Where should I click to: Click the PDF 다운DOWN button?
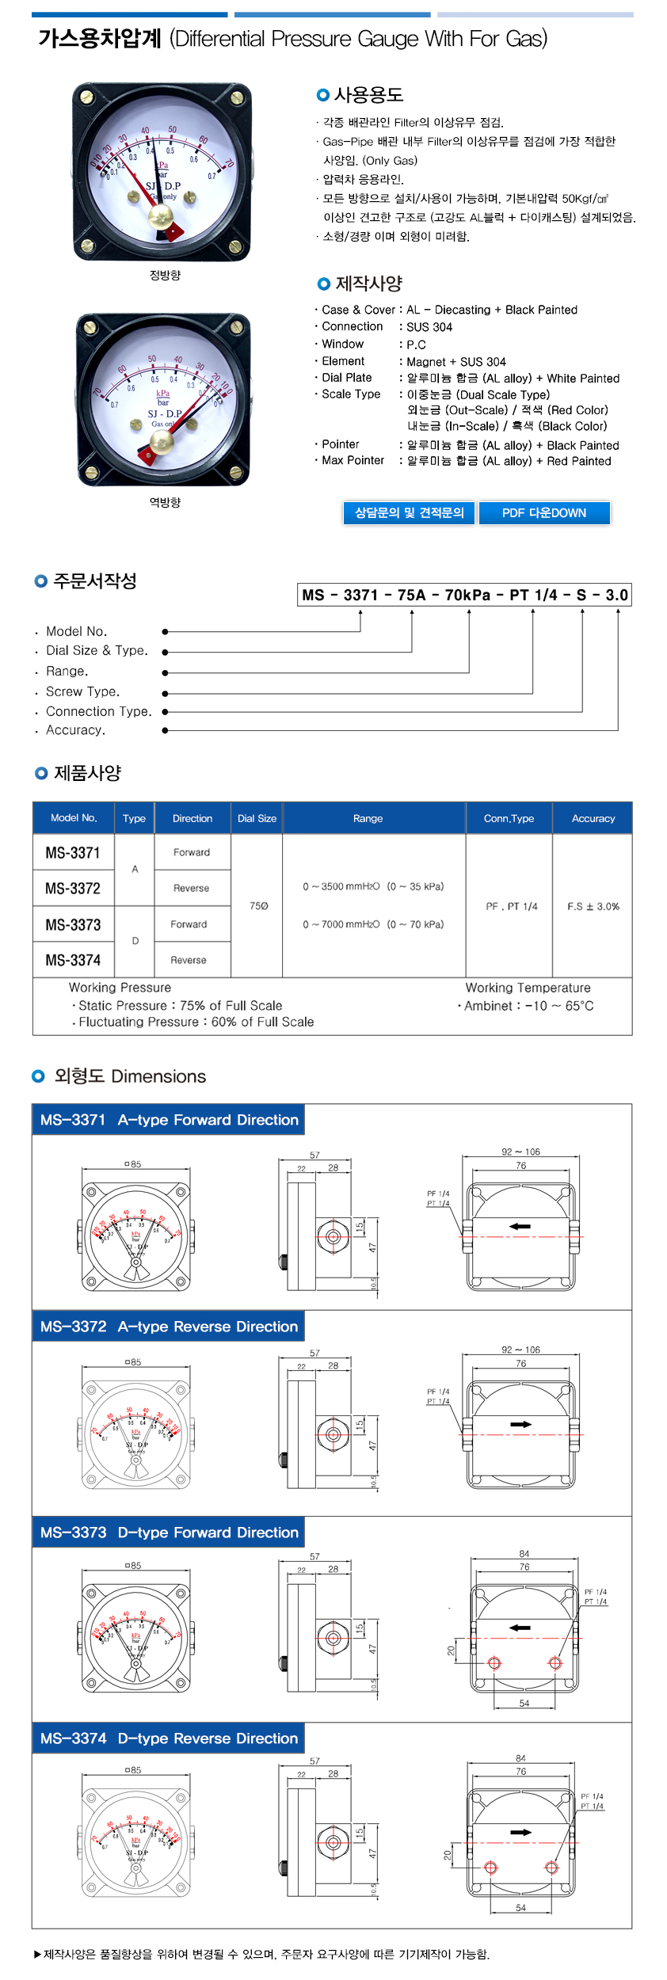click(x=544, y=513)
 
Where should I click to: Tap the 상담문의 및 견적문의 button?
click(x=409, y=513)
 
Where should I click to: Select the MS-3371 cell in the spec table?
click(x=73, y=853)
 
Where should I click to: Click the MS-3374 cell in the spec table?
click(x=73, y=960)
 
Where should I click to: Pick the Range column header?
click(x=368, y=818)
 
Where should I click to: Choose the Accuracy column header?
click(x=593, y=818)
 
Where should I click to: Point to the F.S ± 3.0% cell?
click(x=593, y=906)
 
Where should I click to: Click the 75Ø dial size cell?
click(x=259, y=905)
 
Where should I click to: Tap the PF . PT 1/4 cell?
click(x=512, y=906)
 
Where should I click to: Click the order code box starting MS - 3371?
click(x=465, y=595)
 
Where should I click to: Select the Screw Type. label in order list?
click(x=82, y=691)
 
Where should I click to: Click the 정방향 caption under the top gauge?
click(x=165, y=275)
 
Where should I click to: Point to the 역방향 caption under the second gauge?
click(x=165, y=502)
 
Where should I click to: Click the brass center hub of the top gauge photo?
click(x=160, y=215)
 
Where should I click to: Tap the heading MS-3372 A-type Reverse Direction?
click(x=169, y=1326)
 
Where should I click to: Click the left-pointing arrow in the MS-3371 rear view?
click(x=520, y=1226)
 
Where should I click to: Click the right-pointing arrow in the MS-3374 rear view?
click(x=520, y=1832)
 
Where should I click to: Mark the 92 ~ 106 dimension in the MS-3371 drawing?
click(x=520, y=1152)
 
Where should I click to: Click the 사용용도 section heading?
click(x=368, y=95)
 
